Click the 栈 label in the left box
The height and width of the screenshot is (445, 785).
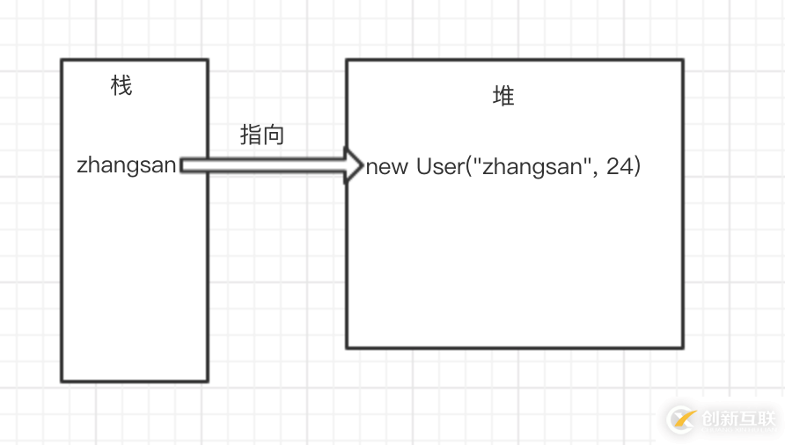point(121,85)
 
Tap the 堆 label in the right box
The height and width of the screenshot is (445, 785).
point(503,96)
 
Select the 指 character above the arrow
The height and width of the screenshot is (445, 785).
point(251,135)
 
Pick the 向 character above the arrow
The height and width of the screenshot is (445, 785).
point(274,135)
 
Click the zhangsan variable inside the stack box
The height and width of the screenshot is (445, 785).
point(127,165)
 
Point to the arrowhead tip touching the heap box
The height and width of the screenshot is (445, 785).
point(362,165)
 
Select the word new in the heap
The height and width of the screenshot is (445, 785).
point(387,167)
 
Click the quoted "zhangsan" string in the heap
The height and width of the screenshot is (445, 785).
point(532,167)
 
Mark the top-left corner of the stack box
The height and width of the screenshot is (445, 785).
point(62,60)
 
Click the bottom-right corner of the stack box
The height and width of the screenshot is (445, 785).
point(207,381)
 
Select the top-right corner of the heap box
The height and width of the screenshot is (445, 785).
point(682,61)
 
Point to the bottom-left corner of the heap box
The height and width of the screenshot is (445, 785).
point(347,347)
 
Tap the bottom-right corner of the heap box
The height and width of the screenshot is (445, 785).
point(682,347)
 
